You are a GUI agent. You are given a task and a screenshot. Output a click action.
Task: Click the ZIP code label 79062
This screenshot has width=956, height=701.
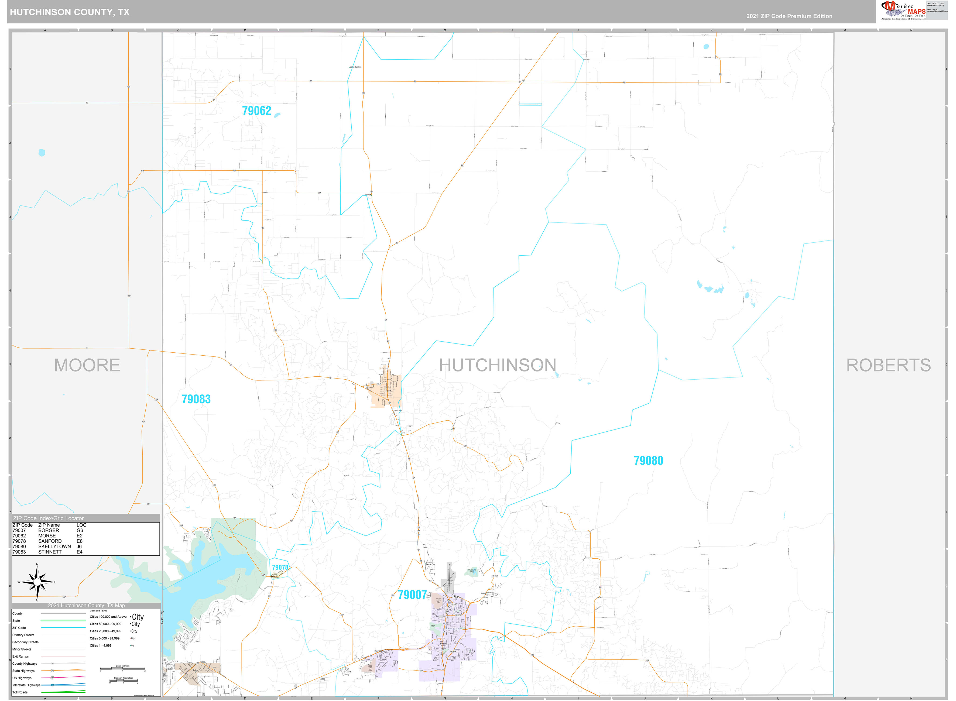256,111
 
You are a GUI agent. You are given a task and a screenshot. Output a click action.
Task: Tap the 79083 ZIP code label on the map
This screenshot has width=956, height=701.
196,399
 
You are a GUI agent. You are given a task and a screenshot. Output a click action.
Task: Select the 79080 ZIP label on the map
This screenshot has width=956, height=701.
648,461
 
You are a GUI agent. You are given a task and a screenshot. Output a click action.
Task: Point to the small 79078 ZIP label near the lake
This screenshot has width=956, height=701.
280,567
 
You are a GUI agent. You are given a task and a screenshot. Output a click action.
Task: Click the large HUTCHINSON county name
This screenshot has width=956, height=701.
497,365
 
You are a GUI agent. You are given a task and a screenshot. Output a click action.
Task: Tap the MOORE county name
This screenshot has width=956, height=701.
87,365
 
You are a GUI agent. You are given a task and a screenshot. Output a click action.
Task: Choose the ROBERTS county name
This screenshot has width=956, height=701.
888,365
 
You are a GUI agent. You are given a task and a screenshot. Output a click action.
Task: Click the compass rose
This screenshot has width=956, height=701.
37,582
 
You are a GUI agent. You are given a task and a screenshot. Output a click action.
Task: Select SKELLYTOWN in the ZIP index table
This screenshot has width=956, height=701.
54,547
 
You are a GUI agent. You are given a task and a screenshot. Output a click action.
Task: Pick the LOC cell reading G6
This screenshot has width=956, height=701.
80,530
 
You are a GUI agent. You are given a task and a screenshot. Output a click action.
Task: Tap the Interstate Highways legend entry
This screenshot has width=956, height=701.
26,685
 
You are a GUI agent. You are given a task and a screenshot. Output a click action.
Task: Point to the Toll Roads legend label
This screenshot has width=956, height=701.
20,692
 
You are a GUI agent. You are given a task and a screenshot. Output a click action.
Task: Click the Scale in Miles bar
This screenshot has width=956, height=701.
123,669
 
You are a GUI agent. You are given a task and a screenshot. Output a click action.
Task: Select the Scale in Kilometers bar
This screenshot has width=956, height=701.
124,681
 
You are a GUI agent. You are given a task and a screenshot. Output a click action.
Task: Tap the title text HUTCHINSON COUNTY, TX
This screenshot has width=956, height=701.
70,12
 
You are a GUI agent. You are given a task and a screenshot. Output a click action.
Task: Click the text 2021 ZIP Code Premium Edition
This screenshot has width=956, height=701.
789,16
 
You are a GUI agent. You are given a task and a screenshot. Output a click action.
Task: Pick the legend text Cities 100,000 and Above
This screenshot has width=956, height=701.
108,617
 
